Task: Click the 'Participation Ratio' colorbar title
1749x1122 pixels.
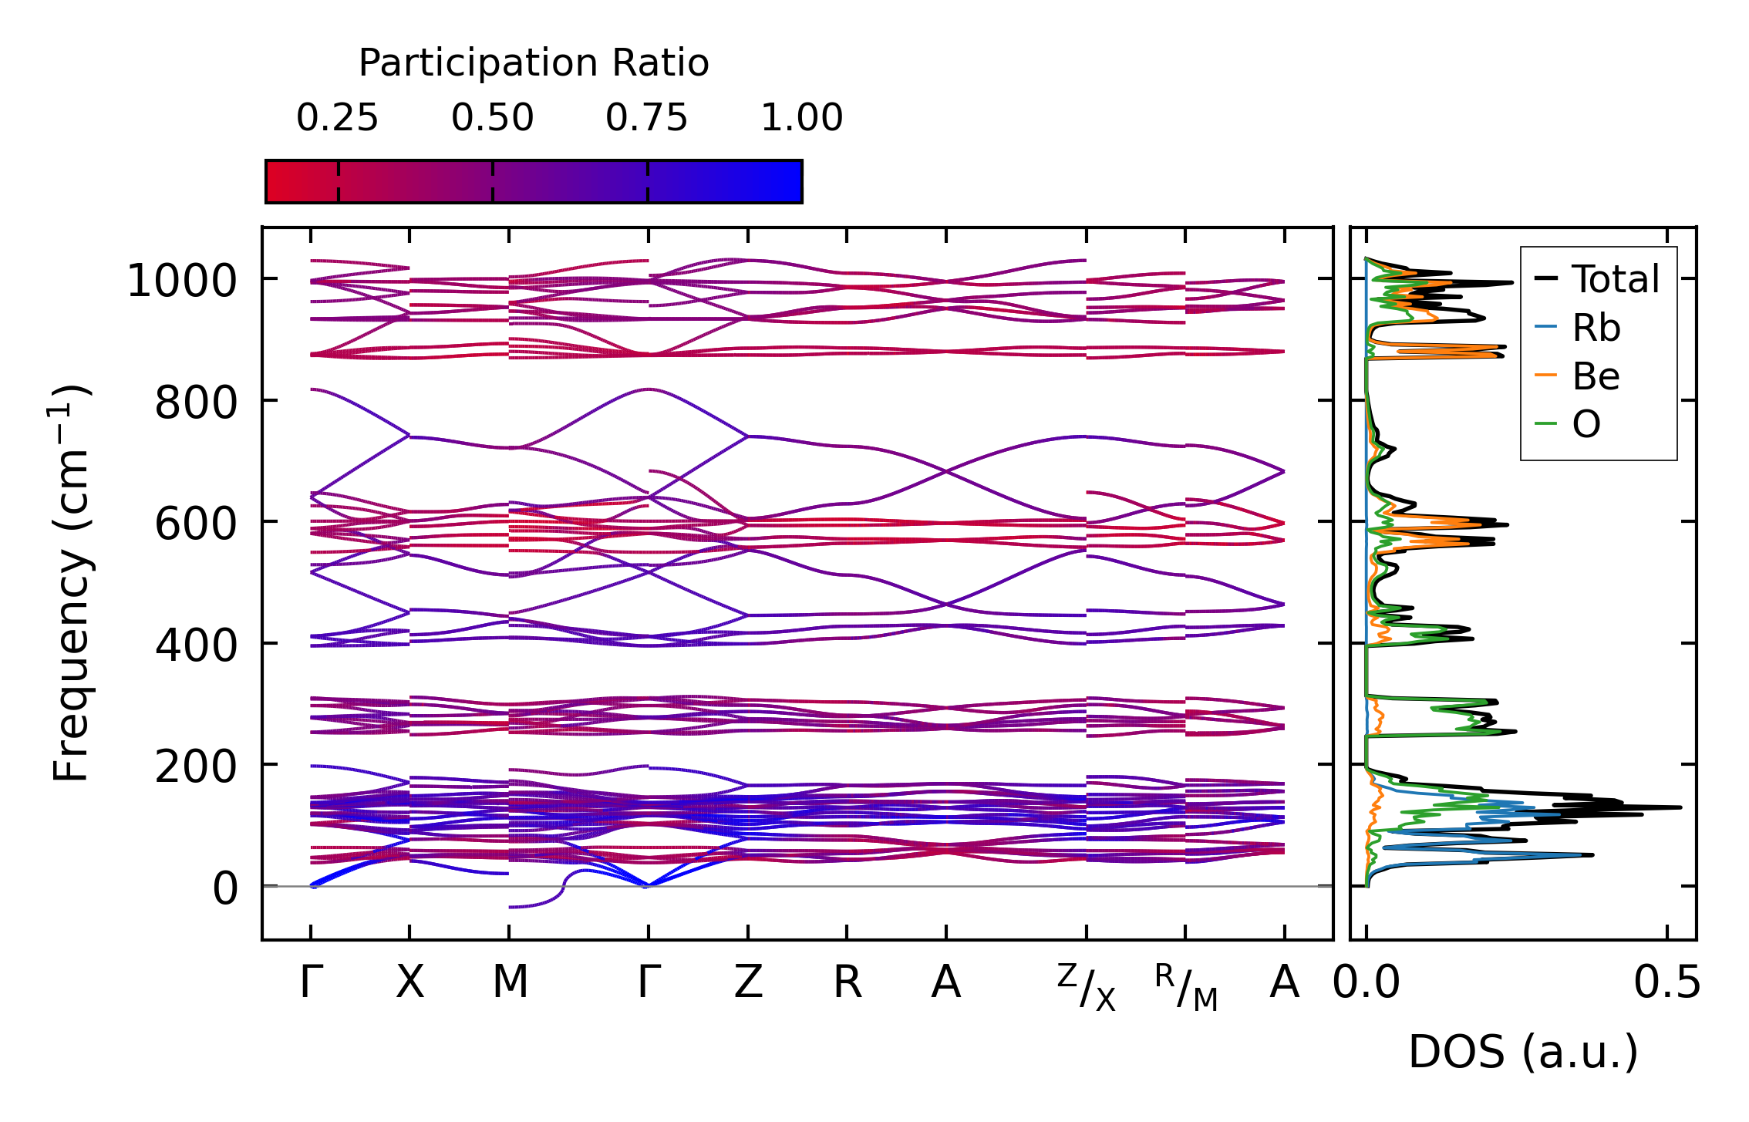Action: tap(534, 63)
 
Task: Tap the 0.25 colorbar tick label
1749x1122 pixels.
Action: tap(338, 118)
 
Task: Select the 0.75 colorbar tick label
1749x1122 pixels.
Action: tap(646, 118)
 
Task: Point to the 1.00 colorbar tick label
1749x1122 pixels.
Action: tap(802, 118)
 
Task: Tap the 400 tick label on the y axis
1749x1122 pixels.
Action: tap(196, 644)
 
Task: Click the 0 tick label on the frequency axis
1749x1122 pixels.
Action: tap(225, 888)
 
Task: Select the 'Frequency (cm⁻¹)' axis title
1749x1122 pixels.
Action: tap(71, 583)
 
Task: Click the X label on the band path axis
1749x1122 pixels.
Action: tap(409, 982)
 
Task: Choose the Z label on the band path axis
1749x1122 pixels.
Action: tap(748, 982)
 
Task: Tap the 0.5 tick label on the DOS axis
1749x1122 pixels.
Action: tap(1667, 983)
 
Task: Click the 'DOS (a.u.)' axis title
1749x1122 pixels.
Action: tap(1523, 1052)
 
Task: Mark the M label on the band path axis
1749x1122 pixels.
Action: tap(510, 982)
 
